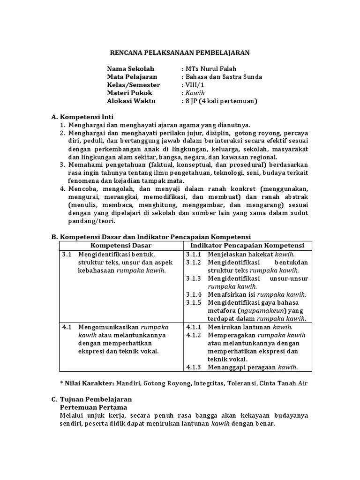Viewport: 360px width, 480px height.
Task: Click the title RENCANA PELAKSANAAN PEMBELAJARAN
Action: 180,53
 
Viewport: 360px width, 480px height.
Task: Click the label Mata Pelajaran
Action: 132,77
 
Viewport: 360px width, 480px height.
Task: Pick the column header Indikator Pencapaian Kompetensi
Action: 247,246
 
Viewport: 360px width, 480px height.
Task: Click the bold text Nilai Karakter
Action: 90,383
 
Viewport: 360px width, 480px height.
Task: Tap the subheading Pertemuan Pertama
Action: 90,407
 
